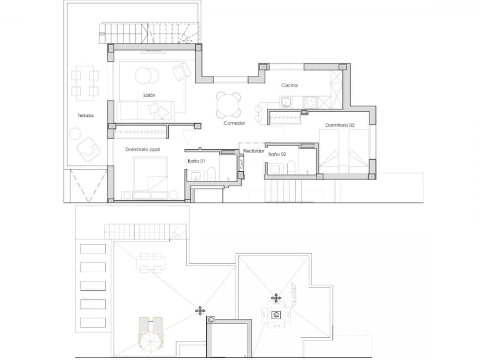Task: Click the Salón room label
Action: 149,95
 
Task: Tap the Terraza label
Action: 85,115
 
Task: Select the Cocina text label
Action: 289,85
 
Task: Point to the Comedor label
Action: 234,123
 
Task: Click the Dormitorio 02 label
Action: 340,125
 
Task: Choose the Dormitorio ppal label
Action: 142,149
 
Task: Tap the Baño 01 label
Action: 196,161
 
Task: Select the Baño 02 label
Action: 277,154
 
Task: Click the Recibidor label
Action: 253,151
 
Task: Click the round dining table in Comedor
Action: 228,105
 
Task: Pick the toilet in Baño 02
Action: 291,166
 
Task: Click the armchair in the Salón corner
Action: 181,71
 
